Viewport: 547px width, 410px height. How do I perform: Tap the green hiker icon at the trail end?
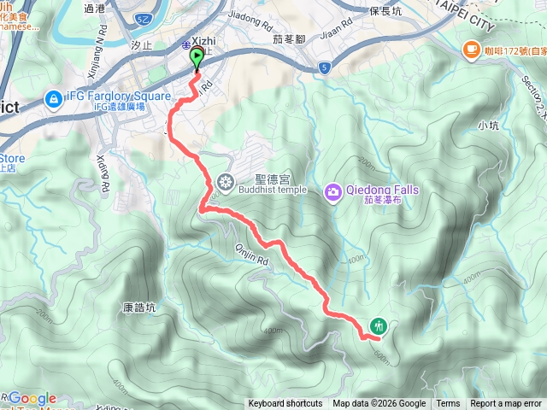(379, 325)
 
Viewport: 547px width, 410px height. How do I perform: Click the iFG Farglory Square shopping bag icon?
(52, 98)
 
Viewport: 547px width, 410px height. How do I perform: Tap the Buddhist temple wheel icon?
(226, 181)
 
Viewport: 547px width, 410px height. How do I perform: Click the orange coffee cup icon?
(470, 50)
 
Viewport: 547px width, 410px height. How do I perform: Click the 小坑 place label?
(488, 126)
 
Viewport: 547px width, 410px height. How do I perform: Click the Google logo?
(32, 398)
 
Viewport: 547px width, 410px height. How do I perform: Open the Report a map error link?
(506, 404)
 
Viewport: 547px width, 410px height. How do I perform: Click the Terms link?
(448, 404)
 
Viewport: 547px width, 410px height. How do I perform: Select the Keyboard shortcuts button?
(285, 404)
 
